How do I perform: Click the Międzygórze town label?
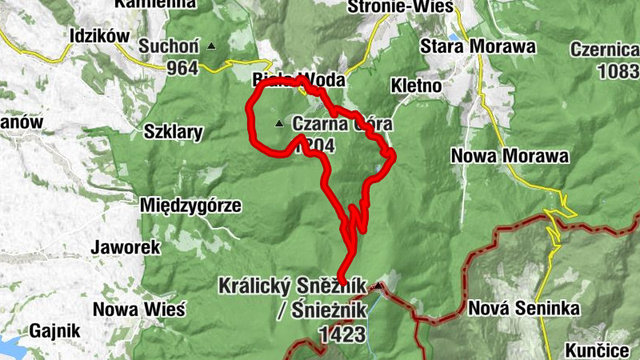pos(190,205)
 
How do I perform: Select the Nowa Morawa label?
pos(510,155)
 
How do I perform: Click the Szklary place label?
pos(173,132)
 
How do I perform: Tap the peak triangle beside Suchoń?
pos(211,46)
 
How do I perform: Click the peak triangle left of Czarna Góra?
pos(279,123)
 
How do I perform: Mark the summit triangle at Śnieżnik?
pos(378,285)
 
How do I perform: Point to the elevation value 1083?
pos(618,70)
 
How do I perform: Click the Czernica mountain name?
pos(605,50)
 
